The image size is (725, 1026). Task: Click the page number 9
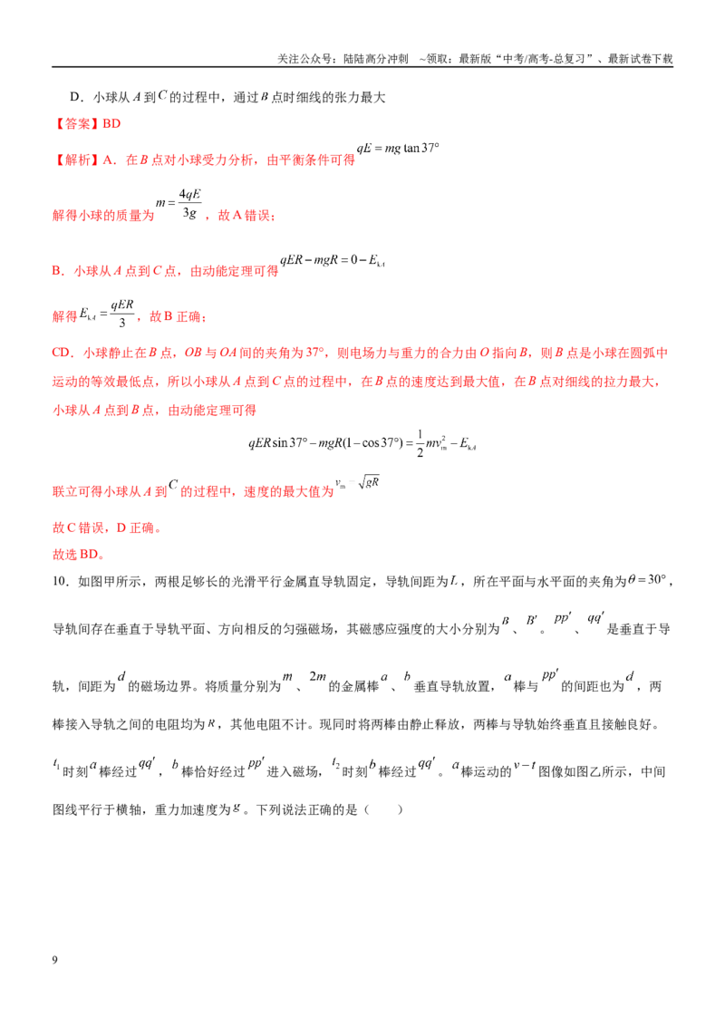[55, 959]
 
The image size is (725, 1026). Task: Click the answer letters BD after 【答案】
[111, 123]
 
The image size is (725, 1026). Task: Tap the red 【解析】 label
[76, 160]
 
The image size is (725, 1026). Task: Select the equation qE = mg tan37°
[398, 149]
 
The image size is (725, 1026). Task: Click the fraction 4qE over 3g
[189, 204]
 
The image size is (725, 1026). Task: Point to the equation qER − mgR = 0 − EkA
[333, 260]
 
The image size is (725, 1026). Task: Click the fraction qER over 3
[122, 314]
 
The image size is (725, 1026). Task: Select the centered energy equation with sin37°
[362, 443]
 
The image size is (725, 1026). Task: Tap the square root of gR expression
[368, 483]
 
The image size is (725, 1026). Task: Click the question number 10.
[60, 582]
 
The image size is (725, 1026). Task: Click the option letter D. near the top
[77, 98]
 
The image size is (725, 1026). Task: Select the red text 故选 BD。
[79, 554]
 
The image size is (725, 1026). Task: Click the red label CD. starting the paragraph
[63, 353]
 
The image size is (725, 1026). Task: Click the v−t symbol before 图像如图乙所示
[525, 765]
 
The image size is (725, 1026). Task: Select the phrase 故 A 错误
[246, 216]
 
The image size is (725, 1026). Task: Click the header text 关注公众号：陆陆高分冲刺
[343, 59]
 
